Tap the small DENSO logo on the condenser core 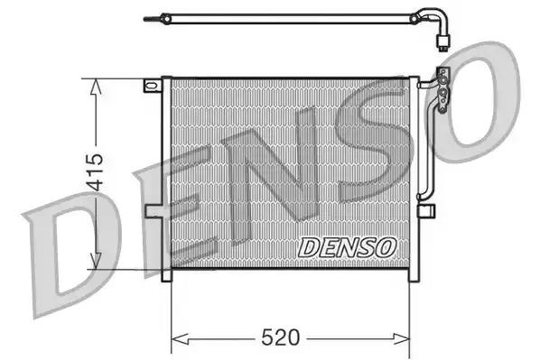pyautogui.click(x=345, y=245)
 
